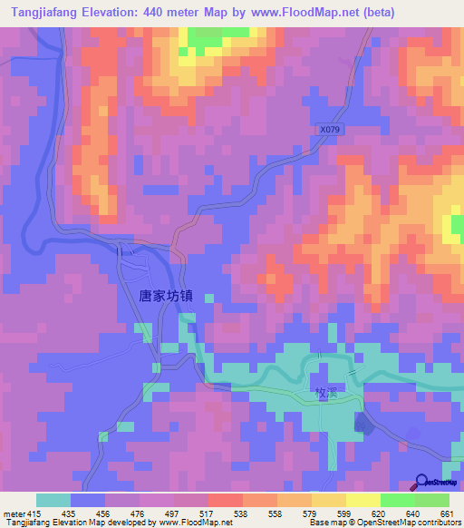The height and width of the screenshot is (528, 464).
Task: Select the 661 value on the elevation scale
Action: point(445,513)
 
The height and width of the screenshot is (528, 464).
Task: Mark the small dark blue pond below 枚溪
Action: point(362,421)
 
